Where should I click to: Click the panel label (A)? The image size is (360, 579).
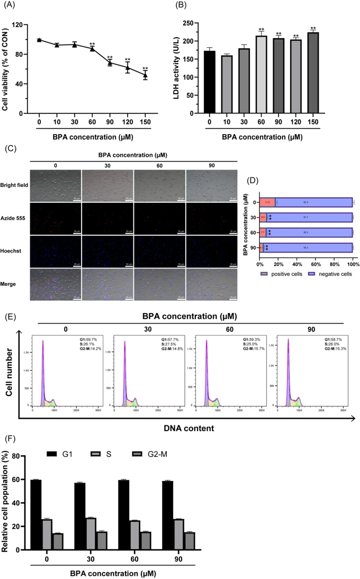(10, 7)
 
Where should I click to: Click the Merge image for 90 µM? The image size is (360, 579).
(211, 284)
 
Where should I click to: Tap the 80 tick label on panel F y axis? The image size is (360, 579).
(22, 456)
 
